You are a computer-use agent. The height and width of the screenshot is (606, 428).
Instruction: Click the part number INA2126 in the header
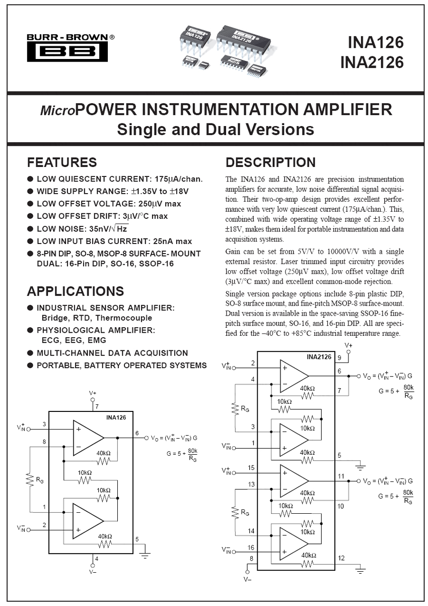372,62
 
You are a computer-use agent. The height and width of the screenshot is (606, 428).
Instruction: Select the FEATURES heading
61,162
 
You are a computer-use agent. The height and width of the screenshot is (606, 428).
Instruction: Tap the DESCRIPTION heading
270,162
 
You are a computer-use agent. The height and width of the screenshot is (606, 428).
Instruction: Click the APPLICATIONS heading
75,291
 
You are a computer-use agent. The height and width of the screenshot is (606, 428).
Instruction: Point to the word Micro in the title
57,110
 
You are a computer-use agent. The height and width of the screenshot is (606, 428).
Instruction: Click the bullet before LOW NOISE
30,228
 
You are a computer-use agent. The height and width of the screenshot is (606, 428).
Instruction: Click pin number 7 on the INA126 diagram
97,405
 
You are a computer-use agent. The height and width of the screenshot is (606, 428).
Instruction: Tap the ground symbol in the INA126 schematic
146,555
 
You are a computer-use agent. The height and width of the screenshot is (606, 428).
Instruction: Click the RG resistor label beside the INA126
39,480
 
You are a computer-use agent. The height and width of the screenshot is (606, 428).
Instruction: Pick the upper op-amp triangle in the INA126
88,437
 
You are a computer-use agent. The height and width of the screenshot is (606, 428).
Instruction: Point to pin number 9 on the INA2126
339,357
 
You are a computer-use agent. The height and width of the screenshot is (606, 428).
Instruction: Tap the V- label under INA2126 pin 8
247,580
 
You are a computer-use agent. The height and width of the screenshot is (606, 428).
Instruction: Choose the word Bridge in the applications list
54,318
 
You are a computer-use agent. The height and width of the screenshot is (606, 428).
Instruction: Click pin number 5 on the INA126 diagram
137,539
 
